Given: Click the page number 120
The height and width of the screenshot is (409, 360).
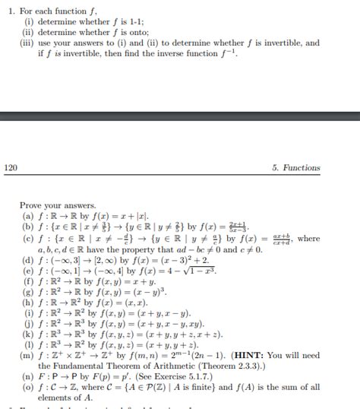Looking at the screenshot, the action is click(11, 167).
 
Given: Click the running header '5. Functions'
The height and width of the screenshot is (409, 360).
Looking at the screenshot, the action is click(295, 167).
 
